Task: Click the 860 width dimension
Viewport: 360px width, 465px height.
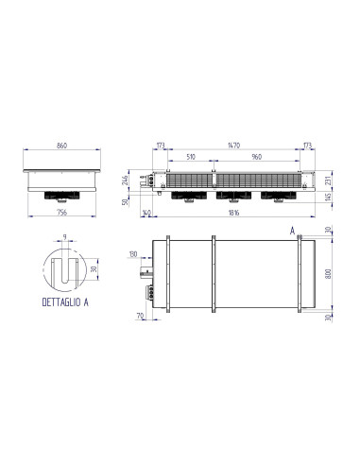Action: tap(62, 147)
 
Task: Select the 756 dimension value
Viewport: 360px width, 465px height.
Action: tap(62, 212)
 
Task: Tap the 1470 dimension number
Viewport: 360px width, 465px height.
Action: tap(233, 145)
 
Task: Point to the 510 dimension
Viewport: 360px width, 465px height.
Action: tap(191, 158)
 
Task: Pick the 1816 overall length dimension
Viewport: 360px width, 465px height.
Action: tap(233, 212)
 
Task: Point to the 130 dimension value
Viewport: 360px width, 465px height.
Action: tap(133, 254)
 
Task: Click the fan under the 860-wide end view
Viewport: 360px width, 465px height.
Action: tap(62, 196)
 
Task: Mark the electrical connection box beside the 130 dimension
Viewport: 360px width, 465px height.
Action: tap(147, 272)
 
